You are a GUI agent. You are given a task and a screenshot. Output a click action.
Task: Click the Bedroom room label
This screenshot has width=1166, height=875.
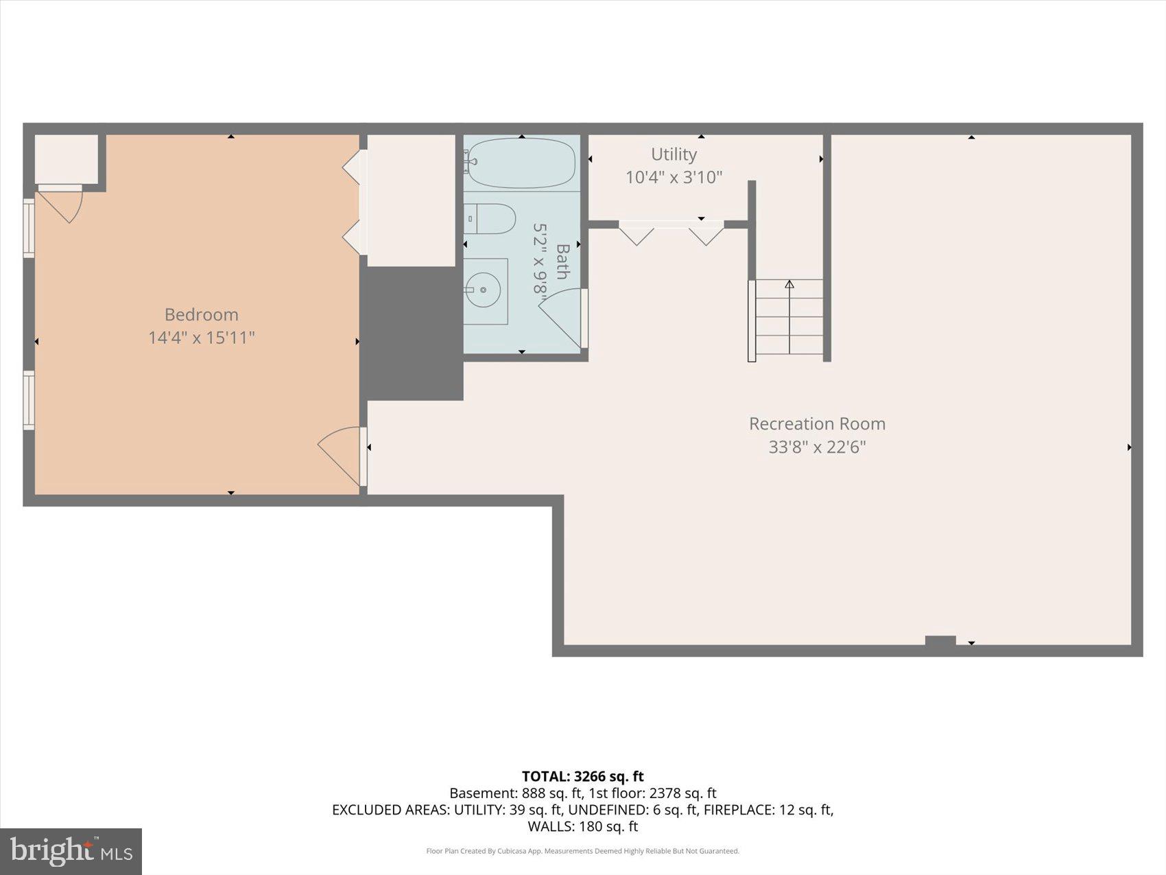point(201,314)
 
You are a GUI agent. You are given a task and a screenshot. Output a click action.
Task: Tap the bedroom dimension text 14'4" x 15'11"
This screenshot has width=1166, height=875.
point(201,338)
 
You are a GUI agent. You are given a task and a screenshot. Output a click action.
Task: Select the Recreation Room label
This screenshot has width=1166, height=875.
point(817,423)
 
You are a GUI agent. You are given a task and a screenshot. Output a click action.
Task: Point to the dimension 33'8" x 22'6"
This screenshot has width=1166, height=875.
point(817,447)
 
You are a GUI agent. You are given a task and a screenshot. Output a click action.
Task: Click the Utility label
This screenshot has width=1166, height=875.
point(674,154)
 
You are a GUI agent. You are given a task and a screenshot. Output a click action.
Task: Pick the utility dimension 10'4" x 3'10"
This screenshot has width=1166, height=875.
point(674,177)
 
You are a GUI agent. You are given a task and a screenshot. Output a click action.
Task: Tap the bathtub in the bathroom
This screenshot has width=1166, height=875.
point(521,163)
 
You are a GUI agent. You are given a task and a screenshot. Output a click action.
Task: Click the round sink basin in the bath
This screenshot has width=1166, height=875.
point(485,290)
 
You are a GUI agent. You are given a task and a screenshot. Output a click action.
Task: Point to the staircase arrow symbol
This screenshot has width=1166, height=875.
point(789,284)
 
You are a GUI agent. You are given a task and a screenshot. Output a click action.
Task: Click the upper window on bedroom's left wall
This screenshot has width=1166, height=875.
point(29,228)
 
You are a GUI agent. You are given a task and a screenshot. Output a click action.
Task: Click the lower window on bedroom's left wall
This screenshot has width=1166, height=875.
point(29,400)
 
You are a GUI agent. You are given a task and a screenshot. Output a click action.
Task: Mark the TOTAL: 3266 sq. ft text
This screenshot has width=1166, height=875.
point(582,776)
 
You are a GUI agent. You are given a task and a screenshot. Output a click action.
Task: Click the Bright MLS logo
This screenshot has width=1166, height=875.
point(71,851)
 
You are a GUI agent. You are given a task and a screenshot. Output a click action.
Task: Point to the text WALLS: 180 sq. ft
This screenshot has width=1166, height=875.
point(582,826)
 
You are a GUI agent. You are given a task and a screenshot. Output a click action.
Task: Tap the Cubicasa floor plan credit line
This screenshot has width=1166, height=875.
point(582,851)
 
